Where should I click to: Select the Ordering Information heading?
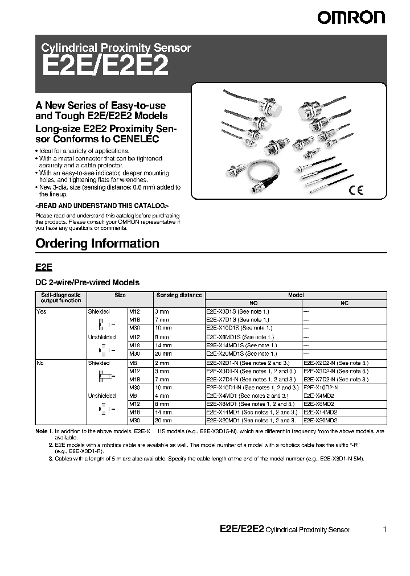click(97, 244)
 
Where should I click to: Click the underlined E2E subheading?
click(44, 266)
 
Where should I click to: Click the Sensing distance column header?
click(179, 295)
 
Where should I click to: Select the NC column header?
click(344, 303)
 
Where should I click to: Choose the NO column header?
click(253, 303)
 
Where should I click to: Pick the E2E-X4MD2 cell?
click(318, 396)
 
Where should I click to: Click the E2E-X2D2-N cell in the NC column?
click(336, 362)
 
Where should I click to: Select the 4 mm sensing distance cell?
click(162, 396)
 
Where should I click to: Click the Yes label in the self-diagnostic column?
click(41, 312)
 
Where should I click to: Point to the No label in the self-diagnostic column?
click(40, 362)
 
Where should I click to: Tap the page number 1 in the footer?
click(385, 529)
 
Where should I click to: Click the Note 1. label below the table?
click(44, 431)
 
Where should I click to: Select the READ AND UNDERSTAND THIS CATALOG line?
click(102, 205)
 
